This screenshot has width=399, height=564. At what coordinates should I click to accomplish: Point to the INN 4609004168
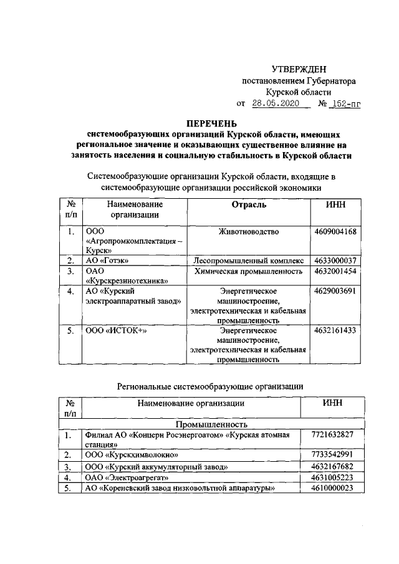pos(336,232)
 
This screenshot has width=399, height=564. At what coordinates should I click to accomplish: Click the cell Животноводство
pos(249,232)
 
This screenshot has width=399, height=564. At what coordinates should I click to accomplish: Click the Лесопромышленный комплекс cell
pos(249,260)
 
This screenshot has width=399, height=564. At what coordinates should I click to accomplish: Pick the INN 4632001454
pos(336,271)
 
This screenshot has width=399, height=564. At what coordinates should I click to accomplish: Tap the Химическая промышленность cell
pos(249,271)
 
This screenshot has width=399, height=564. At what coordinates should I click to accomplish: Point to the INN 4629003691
pos(336,290)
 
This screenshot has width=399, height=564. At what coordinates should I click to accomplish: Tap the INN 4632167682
pos(333,466)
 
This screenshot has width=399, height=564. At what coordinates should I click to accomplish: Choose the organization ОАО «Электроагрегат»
pos(127,477)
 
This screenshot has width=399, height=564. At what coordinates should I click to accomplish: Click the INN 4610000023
pos(333,488)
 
